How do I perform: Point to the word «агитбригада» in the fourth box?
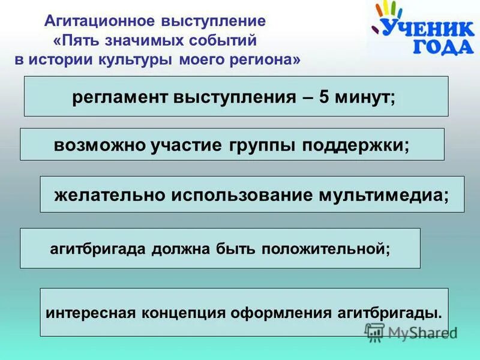pos(94,248)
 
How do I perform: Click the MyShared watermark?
pos(411,332)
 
